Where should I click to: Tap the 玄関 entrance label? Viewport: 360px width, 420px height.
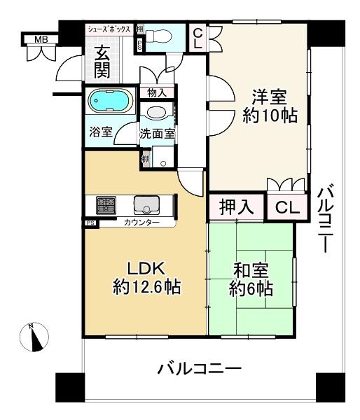pyautogui.click(x=102, y=62)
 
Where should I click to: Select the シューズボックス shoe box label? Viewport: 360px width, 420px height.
pyautogui.click(x=109, y=29)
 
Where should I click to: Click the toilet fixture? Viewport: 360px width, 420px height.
pyautogui.click(x=160, y=35)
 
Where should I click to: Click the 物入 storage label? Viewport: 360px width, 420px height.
pyautogui.click(x=156, y=92)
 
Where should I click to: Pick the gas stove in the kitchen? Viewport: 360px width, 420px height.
pyautogui.click(x=106, y=205)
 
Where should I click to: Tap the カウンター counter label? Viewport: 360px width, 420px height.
pyautogui.click(x=141, y=223)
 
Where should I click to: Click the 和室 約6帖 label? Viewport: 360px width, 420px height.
pyautogui.click(x=251, y=279)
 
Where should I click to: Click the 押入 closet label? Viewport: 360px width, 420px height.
pyautogui.click(x=236, y=207)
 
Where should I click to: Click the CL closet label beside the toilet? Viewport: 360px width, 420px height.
pyautogui.click(x=198, y=36)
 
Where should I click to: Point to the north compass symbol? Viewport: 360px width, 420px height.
pyautogui.click(x=34, y=337)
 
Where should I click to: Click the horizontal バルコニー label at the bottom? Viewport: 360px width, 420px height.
pyautogui.click(x=199, y=367)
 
